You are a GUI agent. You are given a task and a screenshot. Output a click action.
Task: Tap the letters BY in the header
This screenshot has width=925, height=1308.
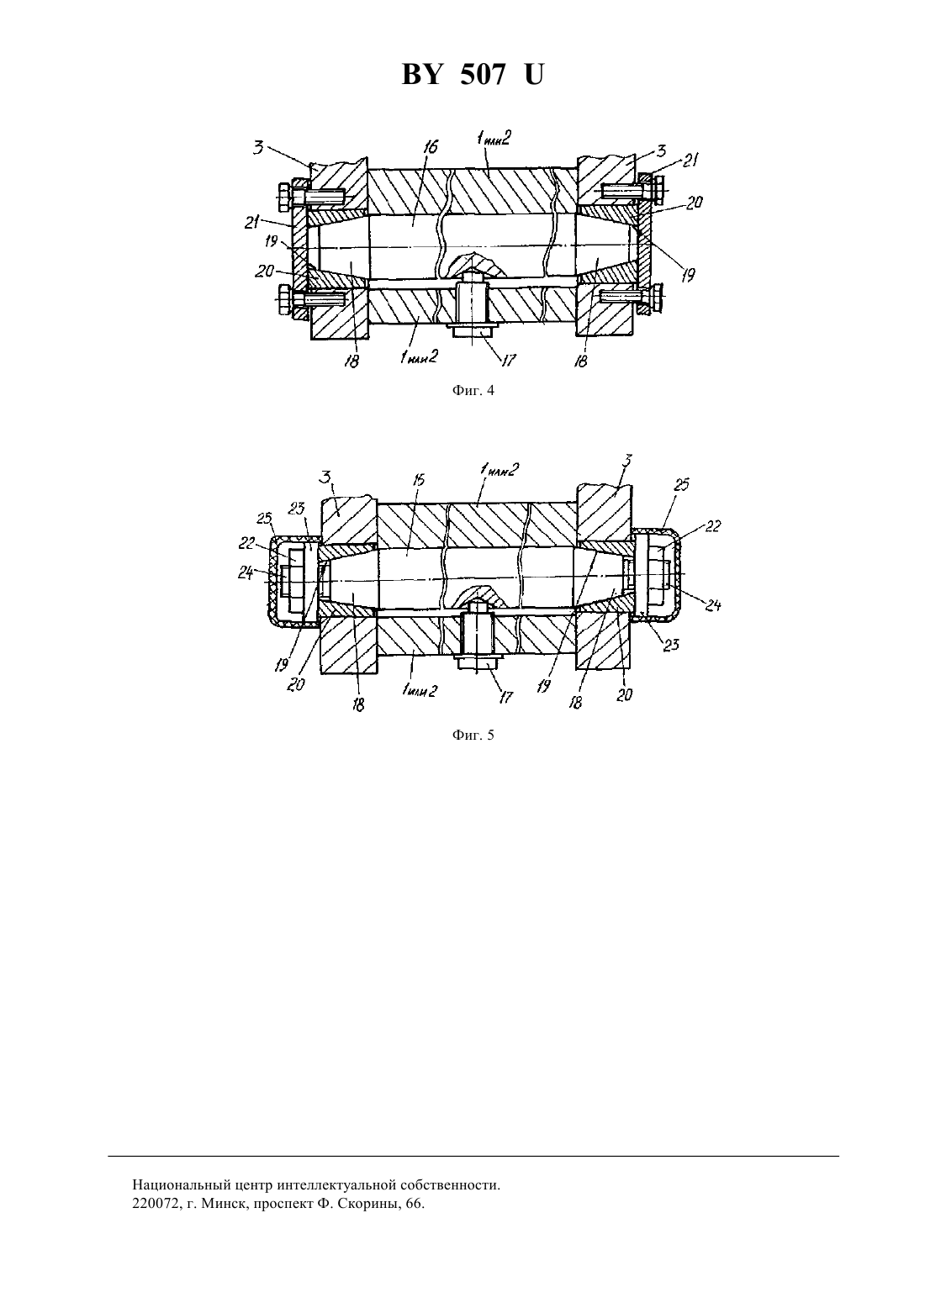click(x=420, y=76)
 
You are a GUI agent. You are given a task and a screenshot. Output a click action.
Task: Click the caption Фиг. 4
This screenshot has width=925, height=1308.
click(x=473, y=391)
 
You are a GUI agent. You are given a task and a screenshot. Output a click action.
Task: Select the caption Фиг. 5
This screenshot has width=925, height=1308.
click(x=473, y=736)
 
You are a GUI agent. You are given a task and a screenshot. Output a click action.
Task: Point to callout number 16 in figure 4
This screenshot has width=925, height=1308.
click(x=431, y=146)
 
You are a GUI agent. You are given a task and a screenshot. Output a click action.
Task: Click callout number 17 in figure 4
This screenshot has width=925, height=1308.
click(x=509, y=360)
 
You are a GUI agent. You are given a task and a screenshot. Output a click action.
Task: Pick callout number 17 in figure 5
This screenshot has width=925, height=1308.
click(x=505, y=697)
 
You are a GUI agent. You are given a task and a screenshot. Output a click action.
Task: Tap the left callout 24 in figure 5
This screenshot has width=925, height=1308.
click(x=246, y=572)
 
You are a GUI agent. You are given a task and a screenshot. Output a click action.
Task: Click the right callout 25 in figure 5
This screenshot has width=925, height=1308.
click(x=682, y=484)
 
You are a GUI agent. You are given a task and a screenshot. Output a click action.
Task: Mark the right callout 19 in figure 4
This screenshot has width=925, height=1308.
click(x=688, y=275)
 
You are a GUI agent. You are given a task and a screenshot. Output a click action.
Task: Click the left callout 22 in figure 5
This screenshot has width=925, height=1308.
click(x=246, y=543)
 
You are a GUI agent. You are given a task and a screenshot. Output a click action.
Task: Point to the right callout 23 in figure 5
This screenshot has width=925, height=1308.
click(x=672, y=645)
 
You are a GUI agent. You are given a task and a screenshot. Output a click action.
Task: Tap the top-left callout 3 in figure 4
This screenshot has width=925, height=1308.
click(x=258, y=148)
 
